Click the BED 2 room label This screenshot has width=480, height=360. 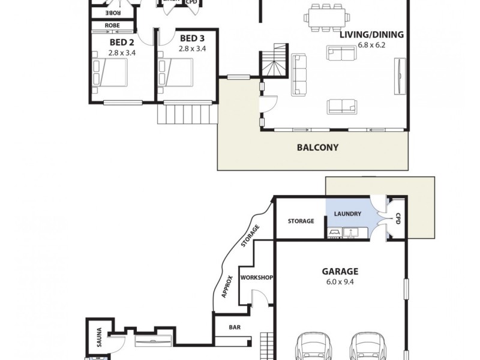pyautogui.click(x=121, y=42)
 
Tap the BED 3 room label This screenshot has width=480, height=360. pyautogui.click(x=192, y=39)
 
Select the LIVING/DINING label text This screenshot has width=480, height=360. pyautogui.click(x=371, y=34)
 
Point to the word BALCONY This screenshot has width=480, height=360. pyautogui.click(x=318, y=147)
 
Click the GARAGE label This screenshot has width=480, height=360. pyautogui.click(x=340, y=271)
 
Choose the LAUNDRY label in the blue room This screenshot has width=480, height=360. pyautogui.click(x=347, y=214)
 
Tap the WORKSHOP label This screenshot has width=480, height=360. pyautogui.click(x=257, y=278)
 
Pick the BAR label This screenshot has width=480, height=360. pyautogui.click(x=235, y=328)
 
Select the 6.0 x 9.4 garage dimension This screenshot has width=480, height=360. pyautogui.click(x=340, y=281)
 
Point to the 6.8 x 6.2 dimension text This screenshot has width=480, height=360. pyautogui.click(x=371, y=44)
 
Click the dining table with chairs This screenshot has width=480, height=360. pyautogui.click(x=326, y=17)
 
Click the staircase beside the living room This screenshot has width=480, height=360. pyautogui.click(x=274, y=62)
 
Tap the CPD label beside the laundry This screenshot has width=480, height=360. pyautogui.click(x=397, y=221)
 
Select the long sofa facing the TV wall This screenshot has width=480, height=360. pyautogui.click(x=298, y=75)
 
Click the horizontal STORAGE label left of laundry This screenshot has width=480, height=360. pyautogui.click(x=301, y=221)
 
